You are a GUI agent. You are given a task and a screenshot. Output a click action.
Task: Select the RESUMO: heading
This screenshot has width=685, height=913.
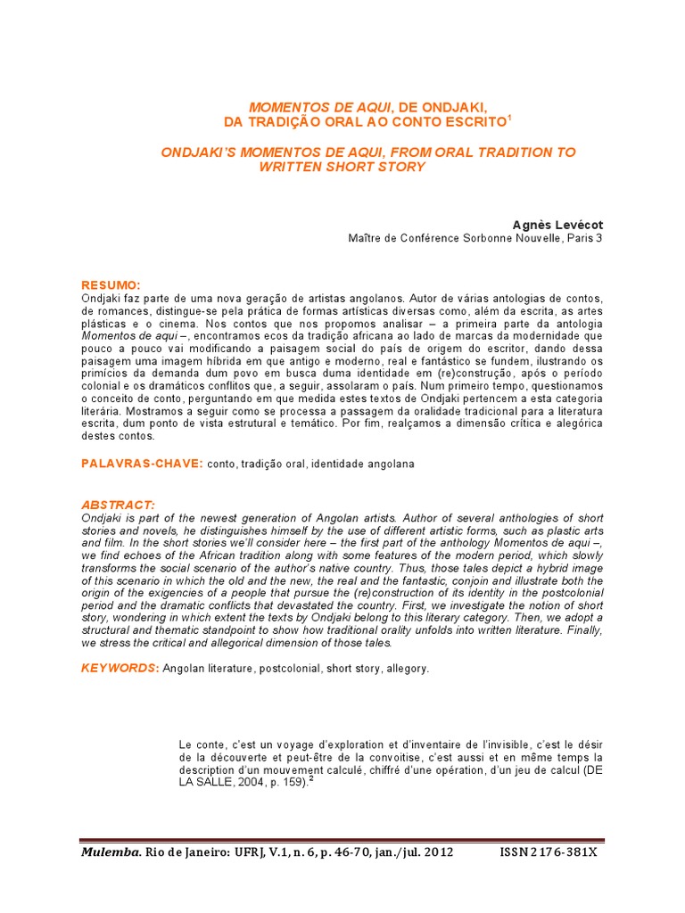[111, 284]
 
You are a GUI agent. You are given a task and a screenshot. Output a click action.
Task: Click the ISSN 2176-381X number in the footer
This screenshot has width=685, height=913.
[548, 852]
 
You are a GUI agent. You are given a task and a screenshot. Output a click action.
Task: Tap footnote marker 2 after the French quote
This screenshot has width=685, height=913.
[311, 779]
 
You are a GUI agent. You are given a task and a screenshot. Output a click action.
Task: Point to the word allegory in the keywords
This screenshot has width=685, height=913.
[407, 669]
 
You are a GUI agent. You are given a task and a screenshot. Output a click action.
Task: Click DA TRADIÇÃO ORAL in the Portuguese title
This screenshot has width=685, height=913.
[278, 121]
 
